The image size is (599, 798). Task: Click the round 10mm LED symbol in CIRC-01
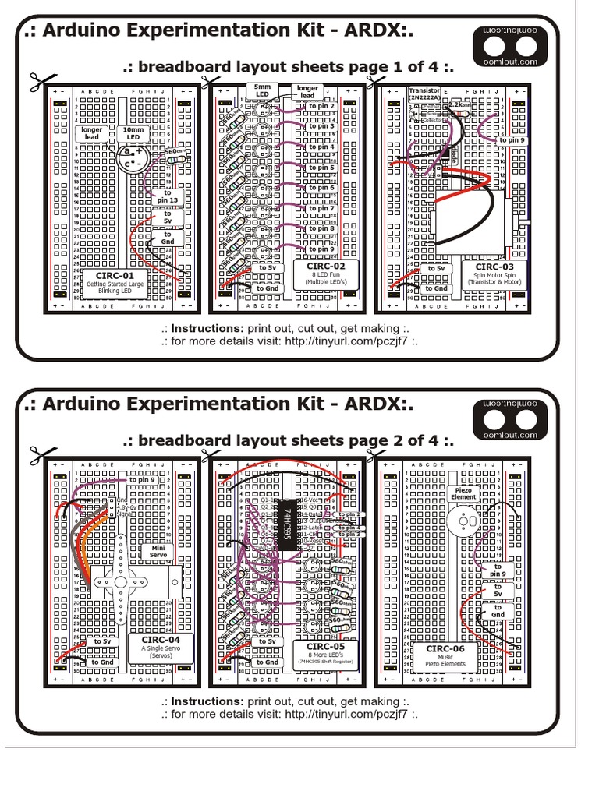point(133,157)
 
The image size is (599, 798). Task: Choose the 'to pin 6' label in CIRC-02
point(321,188)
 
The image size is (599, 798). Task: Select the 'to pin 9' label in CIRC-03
point(512,140)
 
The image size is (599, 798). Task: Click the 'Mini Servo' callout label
point(152,552)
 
